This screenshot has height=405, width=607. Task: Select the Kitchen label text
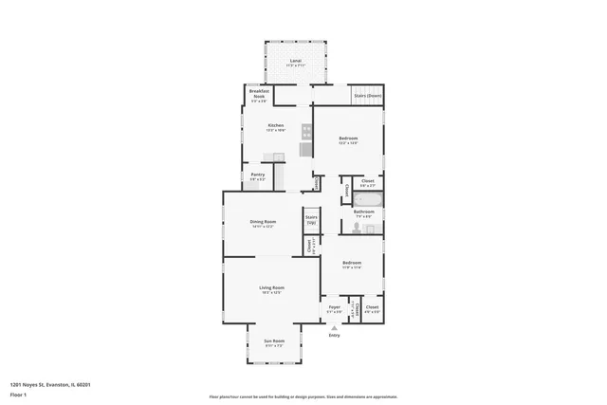click(276, 126)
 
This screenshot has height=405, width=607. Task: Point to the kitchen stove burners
click(306, 133)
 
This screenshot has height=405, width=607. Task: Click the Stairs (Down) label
click(367, 96)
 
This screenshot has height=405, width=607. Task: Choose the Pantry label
click(258, 175)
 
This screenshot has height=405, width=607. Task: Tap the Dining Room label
click(263, 223)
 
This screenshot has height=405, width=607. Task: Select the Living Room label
click(272, 288)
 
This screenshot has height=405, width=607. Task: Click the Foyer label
click(335, 307)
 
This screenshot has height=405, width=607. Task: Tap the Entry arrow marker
click(334, 327)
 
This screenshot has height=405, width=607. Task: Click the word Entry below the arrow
click(334, 336)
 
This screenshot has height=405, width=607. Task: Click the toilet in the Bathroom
click(347, 226)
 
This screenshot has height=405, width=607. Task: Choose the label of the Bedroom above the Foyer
click(352, 264)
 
